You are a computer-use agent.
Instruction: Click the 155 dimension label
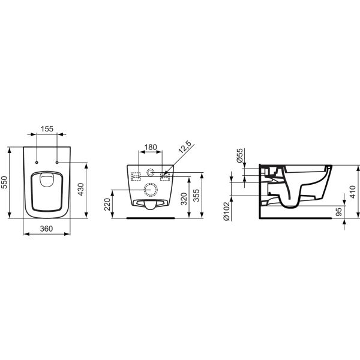[47, 129]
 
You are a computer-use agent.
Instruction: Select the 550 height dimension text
[4, 182]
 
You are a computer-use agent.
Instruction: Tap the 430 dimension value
[81, 189]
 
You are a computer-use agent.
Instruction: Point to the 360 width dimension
[46, 229]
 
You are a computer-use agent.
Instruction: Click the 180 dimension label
[151, 147]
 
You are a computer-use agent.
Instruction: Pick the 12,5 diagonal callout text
[185, 147]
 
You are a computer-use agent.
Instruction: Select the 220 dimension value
[107, 204]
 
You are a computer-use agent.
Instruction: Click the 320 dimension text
[184, 199]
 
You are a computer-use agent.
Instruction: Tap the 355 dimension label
[196, 196]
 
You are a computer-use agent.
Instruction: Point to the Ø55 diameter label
[239, 155]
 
